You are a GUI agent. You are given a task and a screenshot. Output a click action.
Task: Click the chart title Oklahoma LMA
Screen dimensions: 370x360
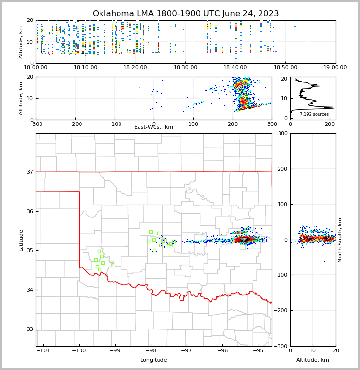[185, 14]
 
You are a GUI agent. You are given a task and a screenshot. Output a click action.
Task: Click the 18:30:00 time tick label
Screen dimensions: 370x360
[185, 68]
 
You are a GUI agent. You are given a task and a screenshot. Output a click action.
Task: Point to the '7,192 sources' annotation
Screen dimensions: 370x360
[314, 114]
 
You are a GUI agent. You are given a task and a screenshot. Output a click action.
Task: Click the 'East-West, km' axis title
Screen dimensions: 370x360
[154, 127]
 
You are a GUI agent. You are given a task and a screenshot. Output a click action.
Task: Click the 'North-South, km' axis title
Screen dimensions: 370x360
[340, 240]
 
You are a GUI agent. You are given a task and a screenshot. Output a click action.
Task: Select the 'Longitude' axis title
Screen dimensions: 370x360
[154, 360]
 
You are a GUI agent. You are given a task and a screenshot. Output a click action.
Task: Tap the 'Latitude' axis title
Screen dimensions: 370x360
[21, 240]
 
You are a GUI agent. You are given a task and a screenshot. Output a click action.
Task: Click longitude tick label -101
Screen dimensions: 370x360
[43, 351]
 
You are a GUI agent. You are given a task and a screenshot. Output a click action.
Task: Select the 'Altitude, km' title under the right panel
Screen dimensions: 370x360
[313, 360]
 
